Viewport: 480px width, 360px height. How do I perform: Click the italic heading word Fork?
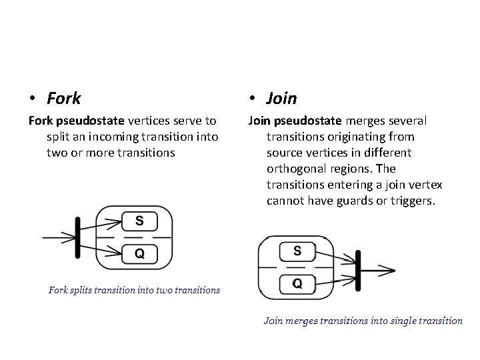click(x=64, y=99)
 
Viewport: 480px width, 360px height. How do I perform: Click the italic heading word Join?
click(x=281, y=99)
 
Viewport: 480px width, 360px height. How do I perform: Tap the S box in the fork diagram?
click(x=139, y=221)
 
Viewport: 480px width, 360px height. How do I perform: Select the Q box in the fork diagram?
click(x=139, y=253)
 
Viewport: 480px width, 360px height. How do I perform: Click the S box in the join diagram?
click(x=297, y=251)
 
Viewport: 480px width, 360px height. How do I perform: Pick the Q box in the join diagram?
click(x=297, y=283)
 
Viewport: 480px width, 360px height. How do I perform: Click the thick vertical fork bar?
click(x=78, y=236)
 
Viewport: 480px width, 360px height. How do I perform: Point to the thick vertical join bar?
click(x=358, y=270)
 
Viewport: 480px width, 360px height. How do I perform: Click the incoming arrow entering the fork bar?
click(x=58, y=236)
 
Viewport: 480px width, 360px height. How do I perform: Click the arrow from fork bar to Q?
click(x=100, y=249)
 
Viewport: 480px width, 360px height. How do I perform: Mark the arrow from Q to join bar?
click(x=335, y=279)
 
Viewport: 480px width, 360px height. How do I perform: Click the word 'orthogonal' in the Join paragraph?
click(x=297, y=169)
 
